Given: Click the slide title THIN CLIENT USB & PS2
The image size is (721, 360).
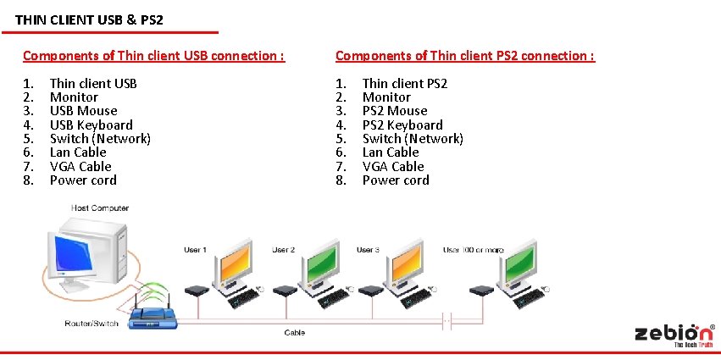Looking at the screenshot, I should (89, 19).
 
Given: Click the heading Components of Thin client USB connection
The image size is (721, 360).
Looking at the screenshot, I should (153, 56).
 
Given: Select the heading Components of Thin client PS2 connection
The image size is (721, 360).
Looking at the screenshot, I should (464, 56).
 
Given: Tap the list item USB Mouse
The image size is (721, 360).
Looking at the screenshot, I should (83, 111).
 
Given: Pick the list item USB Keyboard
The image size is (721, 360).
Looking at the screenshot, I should (91, 125).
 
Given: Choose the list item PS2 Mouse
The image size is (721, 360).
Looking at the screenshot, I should (394, 111).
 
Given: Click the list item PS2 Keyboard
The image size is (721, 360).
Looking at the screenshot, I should (402, 125).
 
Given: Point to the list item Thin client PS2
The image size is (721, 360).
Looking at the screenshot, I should (404, 83).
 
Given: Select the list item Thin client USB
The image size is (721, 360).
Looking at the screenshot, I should (93, 83).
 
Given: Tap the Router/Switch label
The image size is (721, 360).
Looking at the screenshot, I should (91, 324).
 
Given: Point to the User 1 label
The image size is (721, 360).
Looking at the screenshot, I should (195, 250).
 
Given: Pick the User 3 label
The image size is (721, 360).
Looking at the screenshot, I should (367, 250).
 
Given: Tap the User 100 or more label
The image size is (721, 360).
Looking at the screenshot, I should (473, 250).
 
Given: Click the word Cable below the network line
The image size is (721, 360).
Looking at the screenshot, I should (295, 333).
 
